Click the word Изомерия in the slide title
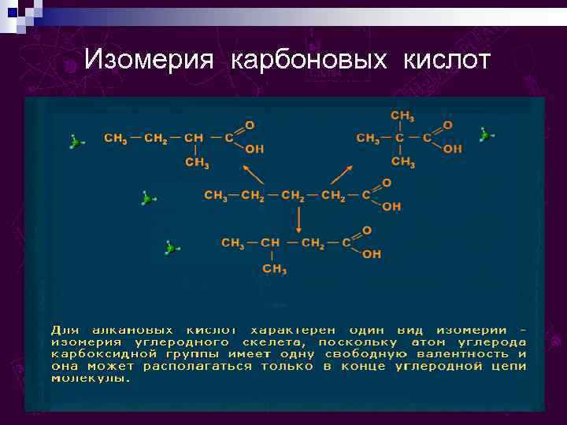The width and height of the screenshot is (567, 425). (148, 60)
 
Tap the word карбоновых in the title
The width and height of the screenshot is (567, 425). (309, 60)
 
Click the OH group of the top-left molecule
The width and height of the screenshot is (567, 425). (254, 149)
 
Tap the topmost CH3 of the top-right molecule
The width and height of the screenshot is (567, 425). (402, 115)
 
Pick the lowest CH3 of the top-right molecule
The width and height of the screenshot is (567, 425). (402, 162)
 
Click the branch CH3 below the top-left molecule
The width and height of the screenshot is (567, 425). (196, 163)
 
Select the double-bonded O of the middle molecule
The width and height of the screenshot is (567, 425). (386, 183)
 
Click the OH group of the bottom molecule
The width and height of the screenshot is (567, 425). (372, 254)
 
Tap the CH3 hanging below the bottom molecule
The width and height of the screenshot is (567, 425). (273, 269)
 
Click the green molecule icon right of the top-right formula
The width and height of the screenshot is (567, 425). (486, 135)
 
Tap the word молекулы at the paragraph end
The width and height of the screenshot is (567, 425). (91, 378)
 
